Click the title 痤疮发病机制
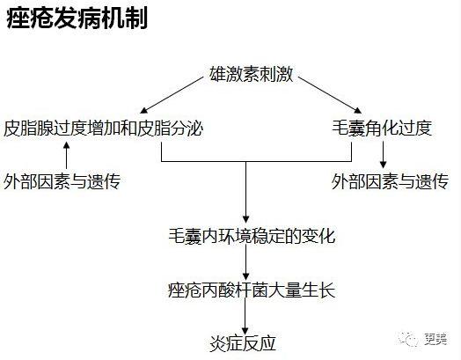point(77,18)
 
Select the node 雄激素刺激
point(252,74)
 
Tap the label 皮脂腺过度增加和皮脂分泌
point(103,128)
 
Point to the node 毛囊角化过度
point(382,128)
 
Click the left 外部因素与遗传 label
point(62,181)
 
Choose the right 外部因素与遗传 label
point(390,181)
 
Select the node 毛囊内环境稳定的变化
point(252,236)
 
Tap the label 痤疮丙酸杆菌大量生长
point(252,290)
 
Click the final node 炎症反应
point(243,343)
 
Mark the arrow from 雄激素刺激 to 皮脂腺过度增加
point(172,95)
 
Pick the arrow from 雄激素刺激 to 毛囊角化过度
point(330,95)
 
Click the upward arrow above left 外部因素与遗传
point(67,155)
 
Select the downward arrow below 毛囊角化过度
point(383,155)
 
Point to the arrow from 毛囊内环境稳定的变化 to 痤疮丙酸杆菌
point(246,262)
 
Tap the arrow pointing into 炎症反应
point(245,317)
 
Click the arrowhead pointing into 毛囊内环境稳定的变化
point(246,219)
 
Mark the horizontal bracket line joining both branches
point(256,161)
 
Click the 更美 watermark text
point(436,339)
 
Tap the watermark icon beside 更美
point(408,339)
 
